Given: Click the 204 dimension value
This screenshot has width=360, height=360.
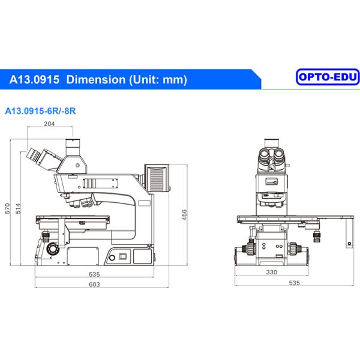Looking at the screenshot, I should coord(50,124).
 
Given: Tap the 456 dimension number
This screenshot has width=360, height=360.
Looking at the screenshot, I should coord(185,214).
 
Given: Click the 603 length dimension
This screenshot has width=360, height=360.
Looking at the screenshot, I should coord(94,284).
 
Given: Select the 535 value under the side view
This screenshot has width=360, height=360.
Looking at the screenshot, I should coord(94,274).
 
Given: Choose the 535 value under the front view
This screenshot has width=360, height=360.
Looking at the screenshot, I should coord(293,283).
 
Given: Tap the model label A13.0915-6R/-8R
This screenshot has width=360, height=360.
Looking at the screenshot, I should coord(40,110).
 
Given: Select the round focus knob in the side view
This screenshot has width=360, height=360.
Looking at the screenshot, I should coord(53,247).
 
